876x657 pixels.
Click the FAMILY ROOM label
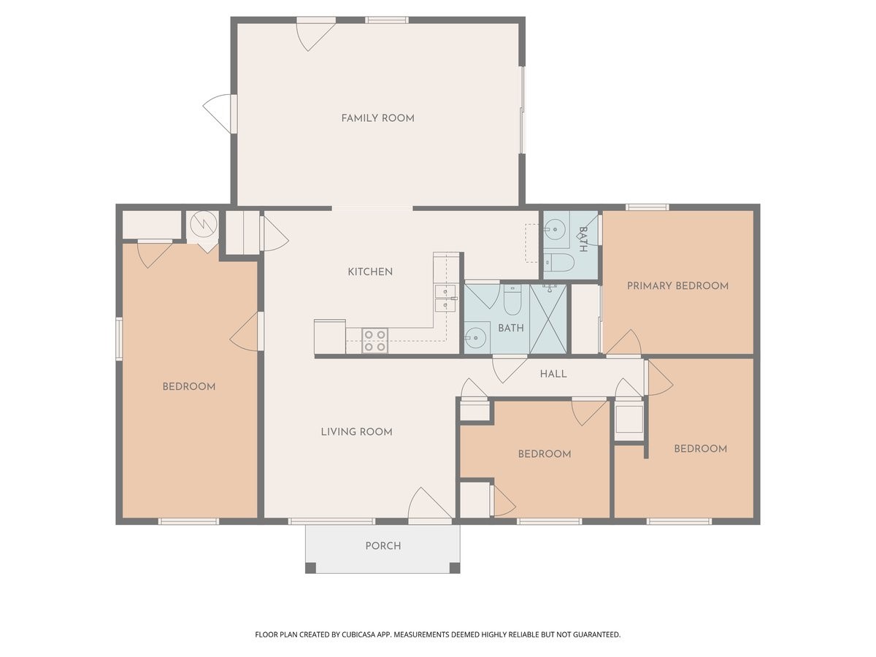[x=377, y=118]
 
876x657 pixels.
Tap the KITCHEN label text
[x=370, y=272]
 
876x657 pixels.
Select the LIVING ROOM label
[x=357, y=431]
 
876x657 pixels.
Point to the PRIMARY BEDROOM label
[x=677, y=285]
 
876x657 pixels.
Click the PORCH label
[x=383, y=546]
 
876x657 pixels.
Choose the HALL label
[x=553, y=374]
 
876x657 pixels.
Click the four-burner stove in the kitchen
[x=375, y=341]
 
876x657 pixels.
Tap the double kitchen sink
[x=445, y=299]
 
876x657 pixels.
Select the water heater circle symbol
[x=204, y=225]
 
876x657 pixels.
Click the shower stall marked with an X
[x=548, y=319]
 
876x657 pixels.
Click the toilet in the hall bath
[x=512, y=299]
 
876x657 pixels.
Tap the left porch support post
[x=310, y=568]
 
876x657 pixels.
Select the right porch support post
[x=455, y=568]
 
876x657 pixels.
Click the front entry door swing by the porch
[x=430, y=504]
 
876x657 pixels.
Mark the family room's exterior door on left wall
[x=218, y=114]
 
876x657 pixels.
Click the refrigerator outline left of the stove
[x=330, y=337]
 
